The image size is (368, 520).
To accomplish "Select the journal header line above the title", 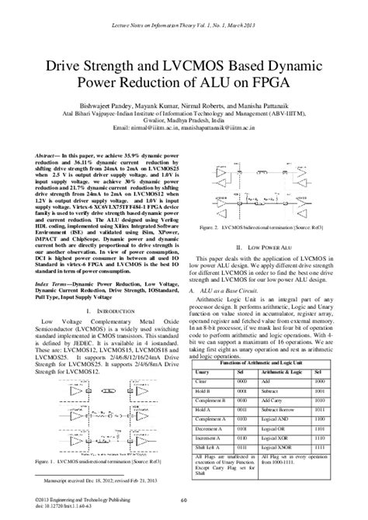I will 183,26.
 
